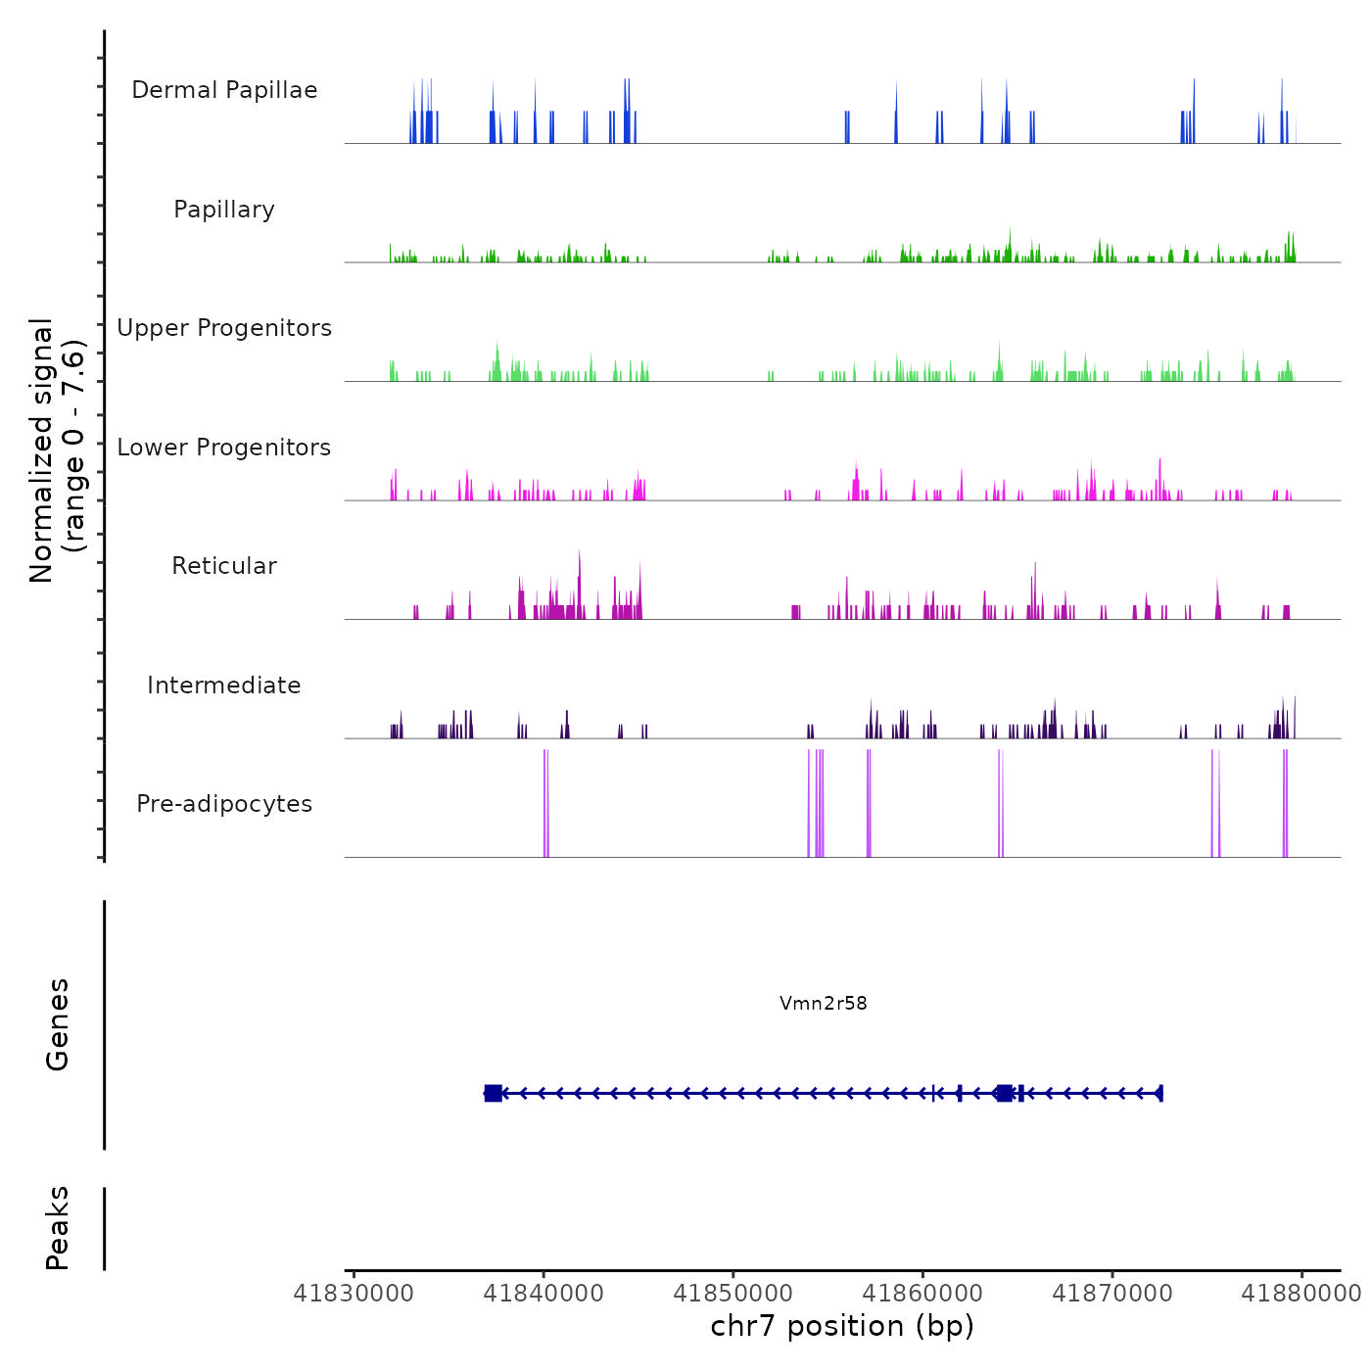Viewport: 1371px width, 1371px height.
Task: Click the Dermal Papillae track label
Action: pyautogui.click(x=224, y=90)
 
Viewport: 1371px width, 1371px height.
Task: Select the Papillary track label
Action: pyautogui.click(x=224, y=210)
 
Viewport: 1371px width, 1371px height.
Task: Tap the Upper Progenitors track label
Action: pyautogui.click(x=224, y=328)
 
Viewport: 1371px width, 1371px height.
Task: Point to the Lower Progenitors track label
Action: pyautogui.click(x=224, y=448)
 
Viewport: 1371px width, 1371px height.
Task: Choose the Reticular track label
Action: pyautogui.click(x=224, y=566)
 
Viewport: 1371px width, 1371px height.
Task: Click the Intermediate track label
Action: pyautogui.click(x=224, y=685)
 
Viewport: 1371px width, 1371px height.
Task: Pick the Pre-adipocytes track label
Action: pyautogui.click(x=224, y=804)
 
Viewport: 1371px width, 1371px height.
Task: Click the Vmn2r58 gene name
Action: pyautogui.click(x=824, y=1003)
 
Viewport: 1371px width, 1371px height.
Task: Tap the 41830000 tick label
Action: pyautogui.click(x=354, y=1294)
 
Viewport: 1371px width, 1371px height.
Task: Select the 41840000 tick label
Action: pyautogui.click(x=544, y=1294)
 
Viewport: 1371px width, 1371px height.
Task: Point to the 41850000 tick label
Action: pyautogui.click(x=733, y=1294)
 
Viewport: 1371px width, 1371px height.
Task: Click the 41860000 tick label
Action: pyautogui.click(x=922, y=1294)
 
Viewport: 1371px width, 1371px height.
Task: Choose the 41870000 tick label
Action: pyautogui.click(x=1112, y=1294)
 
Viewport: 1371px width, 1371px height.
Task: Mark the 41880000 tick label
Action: pyautogui.click(x=1301, y=1294)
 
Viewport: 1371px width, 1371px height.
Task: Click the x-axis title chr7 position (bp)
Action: pyautogui.click(x=842, y=1326)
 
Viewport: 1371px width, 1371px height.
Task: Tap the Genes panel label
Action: pyautogui.click(x=58, y=1024)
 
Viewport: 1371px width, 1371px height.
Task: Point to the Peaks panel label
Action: pyautogui.click(x=58, y=1228)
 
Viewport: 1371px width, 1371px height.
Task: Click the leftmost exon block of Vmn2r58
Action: pyautogui.click(x=494, y=1093)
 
